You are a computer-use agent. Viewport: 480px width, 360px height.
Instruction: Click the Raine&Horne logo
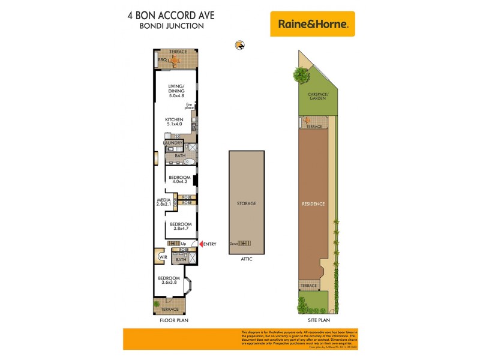[x=312, y=25]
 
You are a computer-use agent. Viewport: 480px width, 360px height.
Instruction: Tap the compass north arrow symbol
[x=240, y=44]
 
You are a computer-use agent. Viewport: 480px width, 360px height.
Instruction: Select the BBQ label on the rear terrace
[x=161, y=61]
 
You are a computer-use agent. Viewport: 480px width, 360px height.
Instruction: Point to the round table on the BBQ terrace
[x=175, y=61]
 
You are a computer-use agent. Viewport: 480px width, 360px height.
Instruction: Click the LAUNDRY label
[x=173, y=143]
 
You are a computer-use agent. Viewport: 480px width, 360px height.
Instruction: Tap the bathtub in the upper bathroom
[x=185, y=161]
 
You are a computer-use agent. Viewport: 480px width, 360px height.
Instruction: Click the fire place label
[x=189, y=107]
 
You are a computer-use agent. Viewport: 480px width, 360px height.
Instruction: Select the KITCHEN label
[x=174, y=120]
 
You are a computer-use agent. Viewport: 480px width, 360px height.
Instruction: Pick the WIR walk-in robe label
[x=162, y=257]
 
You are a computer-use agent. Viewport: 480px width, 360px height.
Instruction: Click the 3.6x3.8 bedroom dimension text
[x=169, y=283]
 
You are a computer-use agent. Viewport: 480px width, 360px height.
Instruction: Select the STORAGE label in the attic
[x=246, y=203]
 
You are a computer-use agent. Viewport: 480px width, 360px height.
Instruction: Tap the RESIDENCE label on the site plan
[x=313, y=204]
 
